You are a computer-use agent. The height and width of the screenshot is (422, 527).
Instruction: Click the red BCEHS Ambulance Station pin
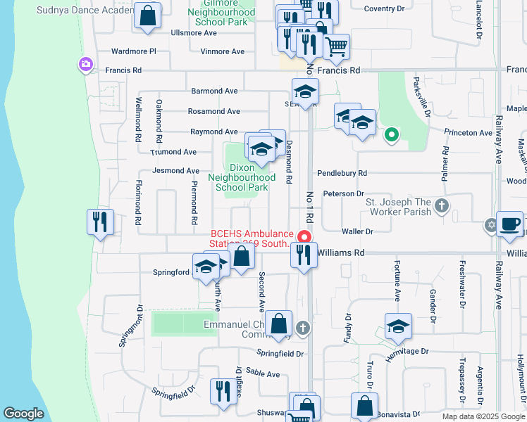pyautogui.click(x=305, y=236)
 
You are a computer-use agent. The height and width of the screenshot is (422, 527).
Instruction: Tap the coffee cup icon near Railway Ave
pyautogui.click(x=510, y=224)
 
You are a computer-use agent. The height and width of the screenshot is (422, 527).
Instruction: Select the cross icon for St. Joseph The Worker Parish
pyautogui.click(x=441, y=205)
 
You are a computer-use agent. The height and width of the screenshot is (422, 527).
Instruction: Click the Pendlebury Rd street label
pyautogui.click(x=342, y=172)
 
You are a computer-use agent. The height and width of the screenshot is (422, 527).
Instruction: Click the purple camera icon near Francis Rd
pyautogui.click(x=85, y=65)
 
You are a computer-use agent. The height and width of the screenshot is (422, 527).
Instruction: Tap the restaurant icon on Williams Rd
pyautogui.click(x=304, y=254)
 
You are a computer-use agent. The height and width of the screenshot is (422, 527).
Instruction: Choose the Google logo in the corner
pyautogui.click(x=23, y=414)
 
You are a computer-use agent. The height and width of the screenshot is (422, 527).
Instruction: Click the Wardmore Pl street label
pyautogui.click(x=133, y=51)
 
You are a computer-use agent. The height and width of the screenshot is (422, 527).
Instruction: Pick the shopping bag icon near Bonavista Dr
pyautogui.click(x=364, y=406)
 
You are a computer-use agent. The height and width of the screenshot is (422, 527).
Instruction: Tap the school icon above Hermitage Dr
pyautogui.click(x=398, y=326)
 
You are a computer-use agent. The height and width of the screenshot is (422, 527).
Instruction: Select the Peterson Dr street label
pyautogui.click(x=343, y=193)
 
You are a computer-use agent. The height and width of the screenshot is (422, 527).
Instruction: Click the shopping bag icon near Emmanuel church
pyautogui.click(x=279, y=324)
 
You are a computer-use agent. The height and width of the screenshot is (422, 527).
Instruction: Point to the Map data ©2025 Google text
pyautogui.click(x=483, y=416)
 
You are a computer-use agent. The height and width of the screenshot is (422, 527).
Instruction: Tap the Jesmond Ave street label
pyautogui.click(x=176, y=171)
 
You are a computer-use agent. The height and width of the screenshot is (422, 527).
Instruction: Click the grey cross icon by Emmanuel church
pyautogui.click(x=303, y=327)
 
